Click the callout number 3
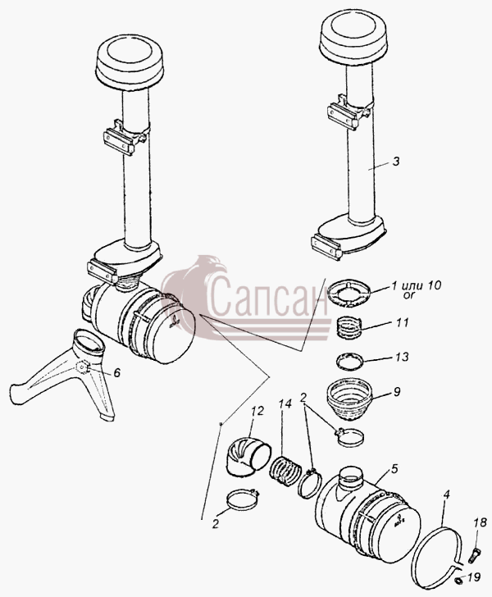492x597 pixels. [x=396, y=162]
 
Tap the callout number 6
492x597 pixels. [x=117, y=372]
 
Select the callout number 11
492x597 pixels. [x=402, y=323]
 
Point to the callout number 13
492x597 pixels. [x=402, y=357]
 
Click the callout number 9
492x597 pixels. [x=396, y=392]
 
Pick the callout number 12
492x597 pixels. [x=257, y=412]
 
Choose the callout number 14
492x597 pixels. [x=285, y=404]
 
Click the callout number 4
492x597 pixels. [x=446, y=495]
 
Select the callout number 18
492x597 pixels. [x=481, y=522]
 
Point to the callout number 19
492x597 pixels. [x=474, y=577]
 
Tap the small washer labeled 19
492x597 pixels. [x=458, y=580]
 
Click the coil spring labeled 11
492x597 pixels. [x=348, y=326]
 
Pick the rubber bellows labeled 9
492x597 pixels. [x=348, y=399]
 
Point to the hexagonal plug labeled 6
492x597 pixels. [x=83, y=367]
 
